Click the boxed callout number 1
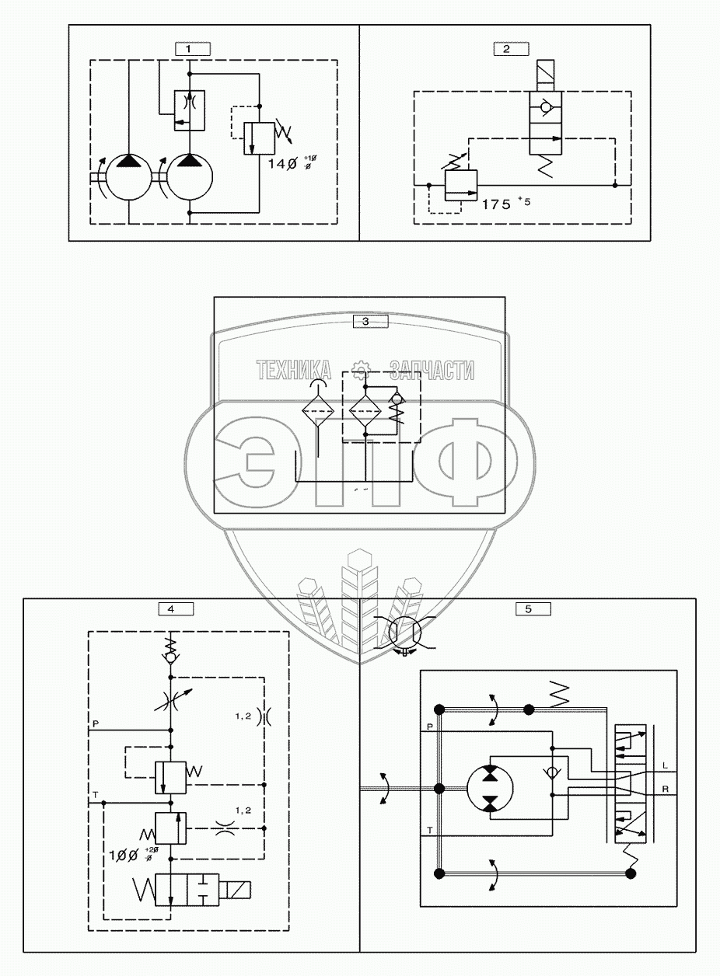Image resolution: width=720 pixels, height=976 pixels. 189,48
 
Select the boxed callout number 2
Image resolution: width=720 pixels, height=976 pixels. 506,48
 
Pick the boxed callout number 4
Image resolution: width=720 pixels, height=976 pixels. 171,608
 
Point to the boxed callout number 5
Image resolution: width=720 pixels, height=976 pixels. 528,608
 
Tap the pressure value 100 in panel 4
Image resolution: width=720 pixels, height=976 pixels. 124,855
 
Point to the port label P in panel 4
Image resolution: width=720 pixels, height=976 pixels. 95,724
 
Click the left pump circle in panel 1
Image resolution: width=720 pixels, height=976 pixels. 128,177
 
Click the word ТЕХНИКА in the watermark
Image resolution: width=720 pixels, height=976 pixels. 294,371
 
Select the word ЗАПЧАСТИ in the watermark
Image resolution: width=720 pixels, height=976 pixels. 432,371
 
